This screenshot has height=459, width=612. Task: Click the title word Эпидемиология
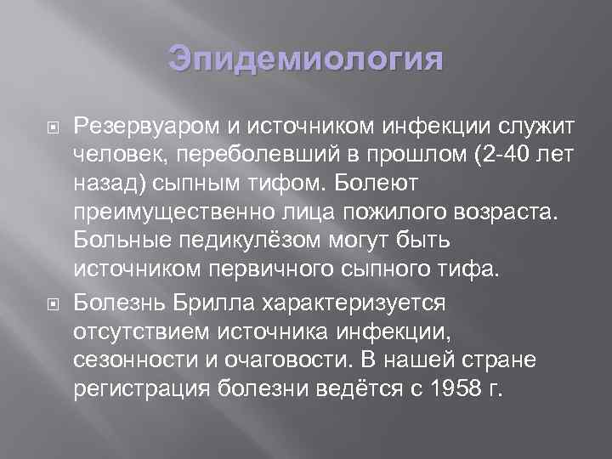tap(305, 60)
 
